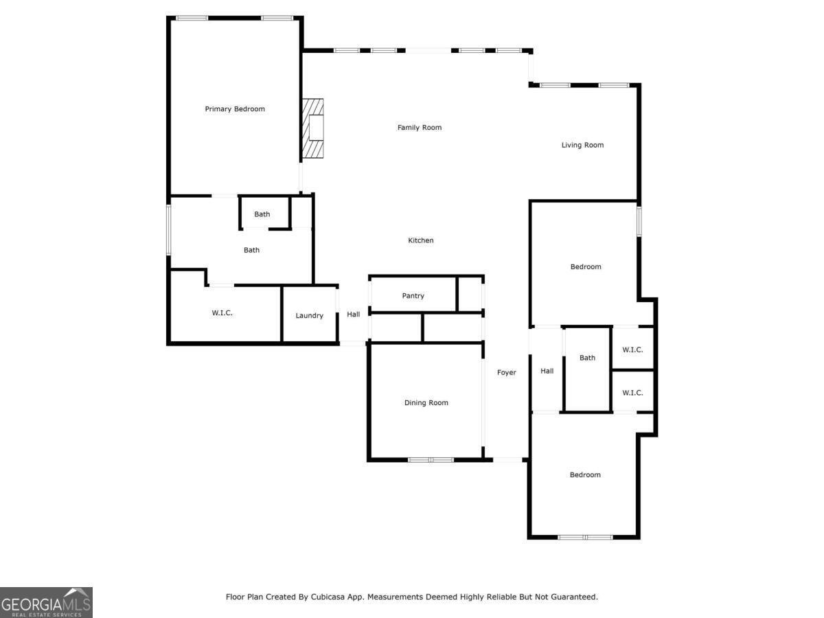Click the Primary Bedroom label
coord(235,109)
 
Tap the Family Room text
coord(419,128)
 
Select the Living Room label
coord(582,145)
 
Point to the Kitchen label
coord(421,240)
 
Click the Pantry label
coord(413,296)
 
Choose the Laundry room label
coord(309,316)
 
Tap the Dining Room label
coord(426,403)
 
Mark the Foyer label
coord(506,373)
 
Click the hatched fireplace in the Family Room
coord(312,128)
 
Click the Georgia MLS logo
coord(46,602)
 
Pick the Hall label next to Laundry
coord(353,314)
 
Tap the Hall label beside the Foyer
coord(547,371)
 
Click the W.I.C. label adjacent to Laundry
coord(222,313)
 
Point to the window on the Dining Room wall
coord(431,459)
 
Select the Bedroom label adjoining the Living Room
coord(585,267)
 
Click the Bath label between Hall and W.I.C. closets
coord(587,358)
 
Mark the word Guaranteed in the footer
coord(573,597)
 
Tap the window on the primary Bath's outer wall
coord(169,230)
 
